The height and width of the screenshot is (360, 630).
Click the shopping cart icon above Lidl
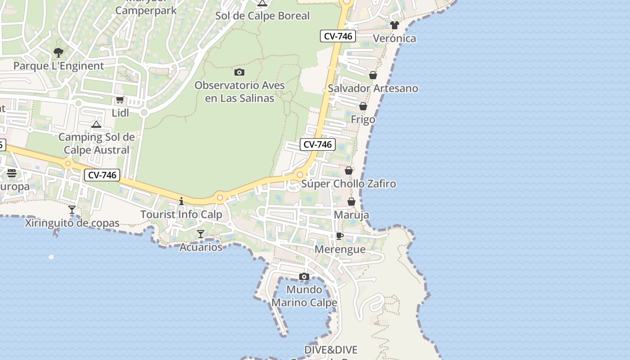(120, 100)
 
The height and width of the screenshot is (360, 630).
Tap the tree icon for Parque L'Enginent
(58, 53)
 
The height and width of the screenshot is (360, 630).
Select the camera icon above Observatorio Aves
(239, 72)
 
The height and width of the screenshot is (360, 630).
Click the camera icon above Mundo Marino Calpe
(304, 276)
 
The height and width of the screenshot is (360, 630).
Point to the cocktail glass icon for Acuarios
(201, 234)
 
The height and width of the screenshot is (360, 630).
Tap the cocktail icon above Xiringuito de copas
(72, 210)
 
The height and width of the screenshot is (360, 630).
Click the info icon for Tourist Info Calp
(181, 201)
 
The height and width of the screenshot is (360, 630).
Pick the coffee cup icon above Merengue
(340, 236)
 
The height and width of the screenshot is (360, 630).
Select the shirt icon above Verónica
(395, 25)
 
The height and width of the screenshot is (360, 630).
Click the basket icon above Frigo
(363, 107)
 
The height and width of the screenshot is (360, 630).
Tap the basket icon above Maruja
(351, 202)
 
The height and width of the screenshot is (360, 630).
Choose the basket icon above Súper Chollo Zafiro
(349, 171)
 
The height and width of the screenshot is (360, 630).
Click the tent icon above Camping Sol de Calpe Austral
(96, 124)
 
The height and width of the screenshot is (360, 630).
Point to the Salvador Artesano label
(373, 88)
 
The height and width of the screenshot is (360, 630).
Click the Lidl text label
(120, 113)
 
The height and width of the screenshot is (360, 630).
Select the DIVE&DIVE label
(331, 350)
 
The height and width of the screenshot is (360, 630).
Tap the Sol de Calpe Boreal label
(262, 16)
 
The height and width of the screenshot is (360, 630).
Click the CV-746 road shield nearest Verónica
(338, 36)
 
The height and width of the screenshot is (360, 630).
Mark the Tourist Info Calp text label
(181, 214)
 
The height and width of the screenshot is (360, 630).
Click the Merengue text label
(340, 249)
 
